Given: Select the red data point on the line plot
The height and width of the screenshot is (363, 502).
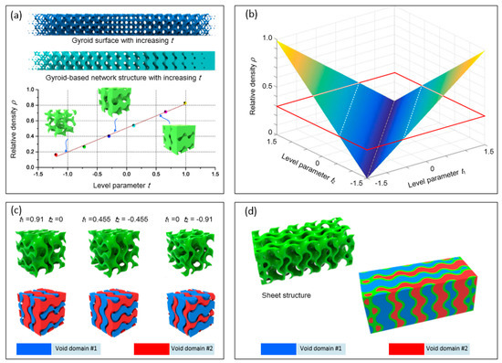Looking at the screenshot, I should click(56, 155).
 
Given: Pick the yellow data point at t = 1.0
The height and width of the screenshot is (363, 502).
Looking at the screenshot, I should click(186, 103).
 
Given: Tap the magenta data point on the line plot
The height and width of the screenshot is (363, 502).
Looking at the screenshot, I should click(165, 112).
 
